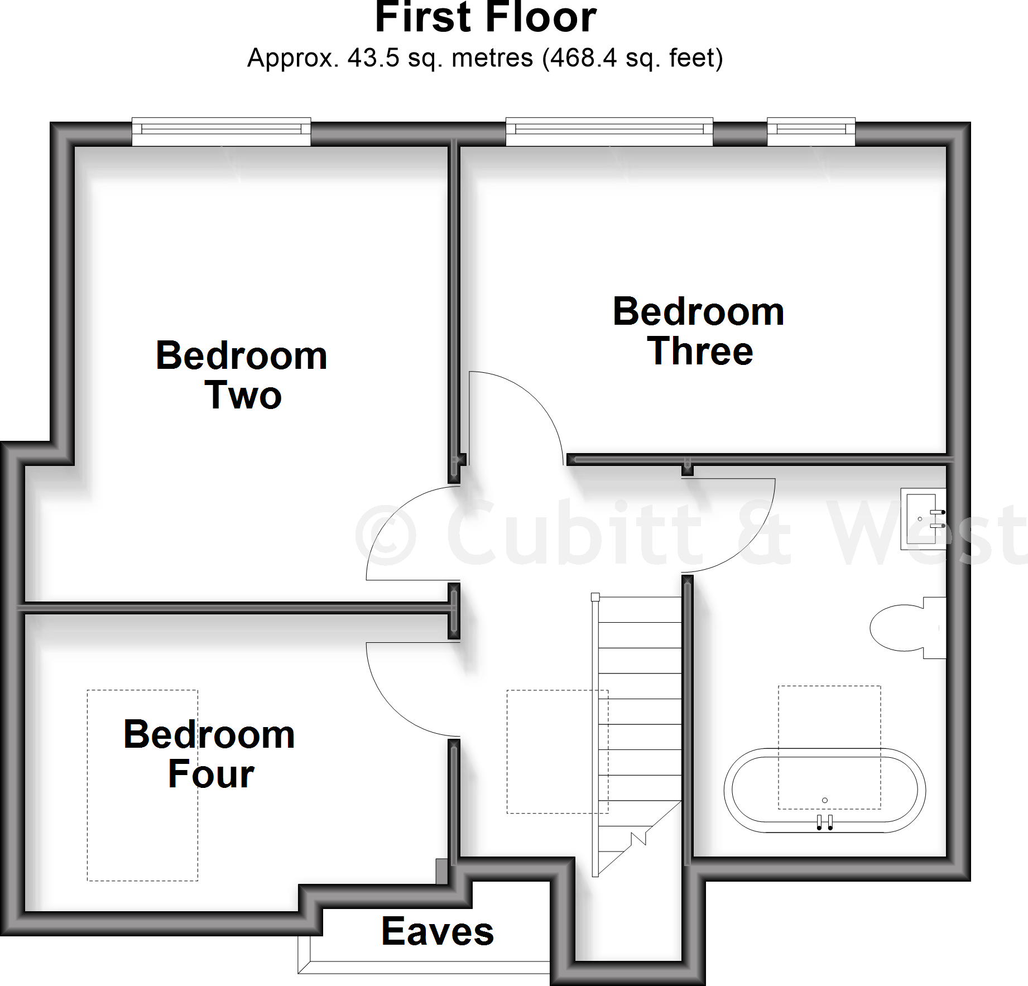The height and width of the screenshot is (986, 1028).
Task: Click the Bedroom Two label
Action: pos(242,376)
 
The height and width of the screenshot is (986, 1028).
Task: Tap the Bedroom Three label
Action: pos(699,331)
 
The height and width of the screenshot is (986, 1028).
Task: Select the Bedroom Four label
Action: pos(209,754)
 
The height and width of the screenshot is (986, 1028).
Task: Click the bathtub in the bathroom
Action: pos(824,790)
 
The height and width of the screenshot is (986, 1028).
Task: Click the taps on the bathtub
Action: pos(825,823)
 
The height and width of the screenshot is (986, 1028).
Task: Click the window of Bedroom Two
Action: pos(221,132)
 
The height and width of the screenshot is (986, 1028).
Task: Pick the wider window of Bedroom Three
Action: pos(609,132)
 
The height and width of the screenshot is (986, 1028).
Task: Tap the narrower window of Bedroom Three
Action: pos(811,132)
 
